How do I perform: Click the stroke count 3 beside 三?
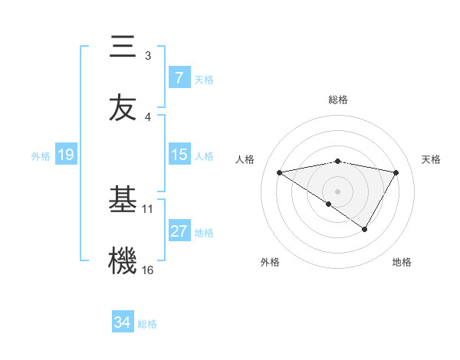[x=148, y=55]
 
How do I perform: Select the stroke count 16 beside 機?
[x=148, y=270]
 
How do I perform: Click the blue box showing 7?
[x=179, y=77]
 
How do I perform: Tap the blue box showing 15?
[x=179, y=154]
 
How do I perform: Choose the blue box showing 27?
[x=179, y=231]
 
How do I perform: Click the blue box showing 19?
[x=65, y=155]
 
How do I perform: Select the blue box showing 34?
[x=122, y=322]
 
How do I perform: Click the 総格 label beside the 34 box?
[x=147, y=324]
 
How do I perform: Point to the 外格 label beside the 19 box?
[x=41, y=156]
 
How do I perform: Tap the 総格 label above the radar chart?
[x=338, y=100]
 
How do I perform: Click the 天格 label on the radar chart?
[x=432, y=159]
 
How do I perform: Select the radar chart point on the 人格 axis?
[x=279, y=172]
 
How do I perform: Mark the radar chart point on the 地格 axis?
[x=365, y=229]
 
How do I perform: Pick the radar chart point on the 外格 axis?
[x=329, y=205]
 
